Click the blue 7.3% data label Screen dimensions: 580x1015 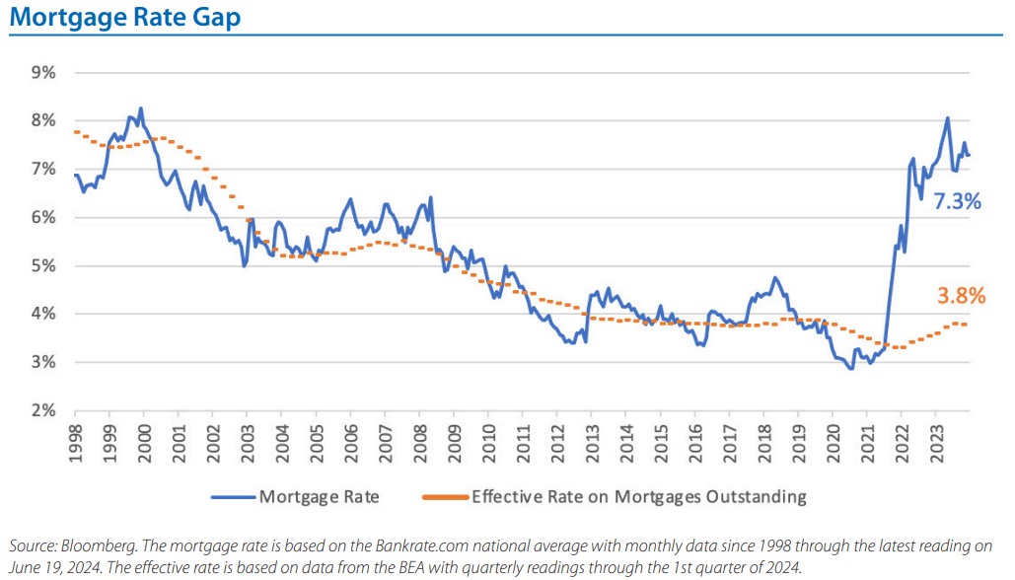pos(957,202)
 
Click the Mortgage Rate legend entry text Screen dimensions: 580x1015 pos(318,496)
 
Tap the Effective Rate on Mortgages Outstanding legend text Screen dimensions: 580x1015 pos(639,496)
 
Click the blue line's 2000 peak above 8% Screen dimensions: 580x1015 pos(140,109)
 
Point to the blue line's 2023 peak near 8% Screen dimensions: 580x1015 pos(947,119)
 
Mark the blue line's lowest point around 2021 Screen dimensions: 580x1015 pos(850,369)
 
